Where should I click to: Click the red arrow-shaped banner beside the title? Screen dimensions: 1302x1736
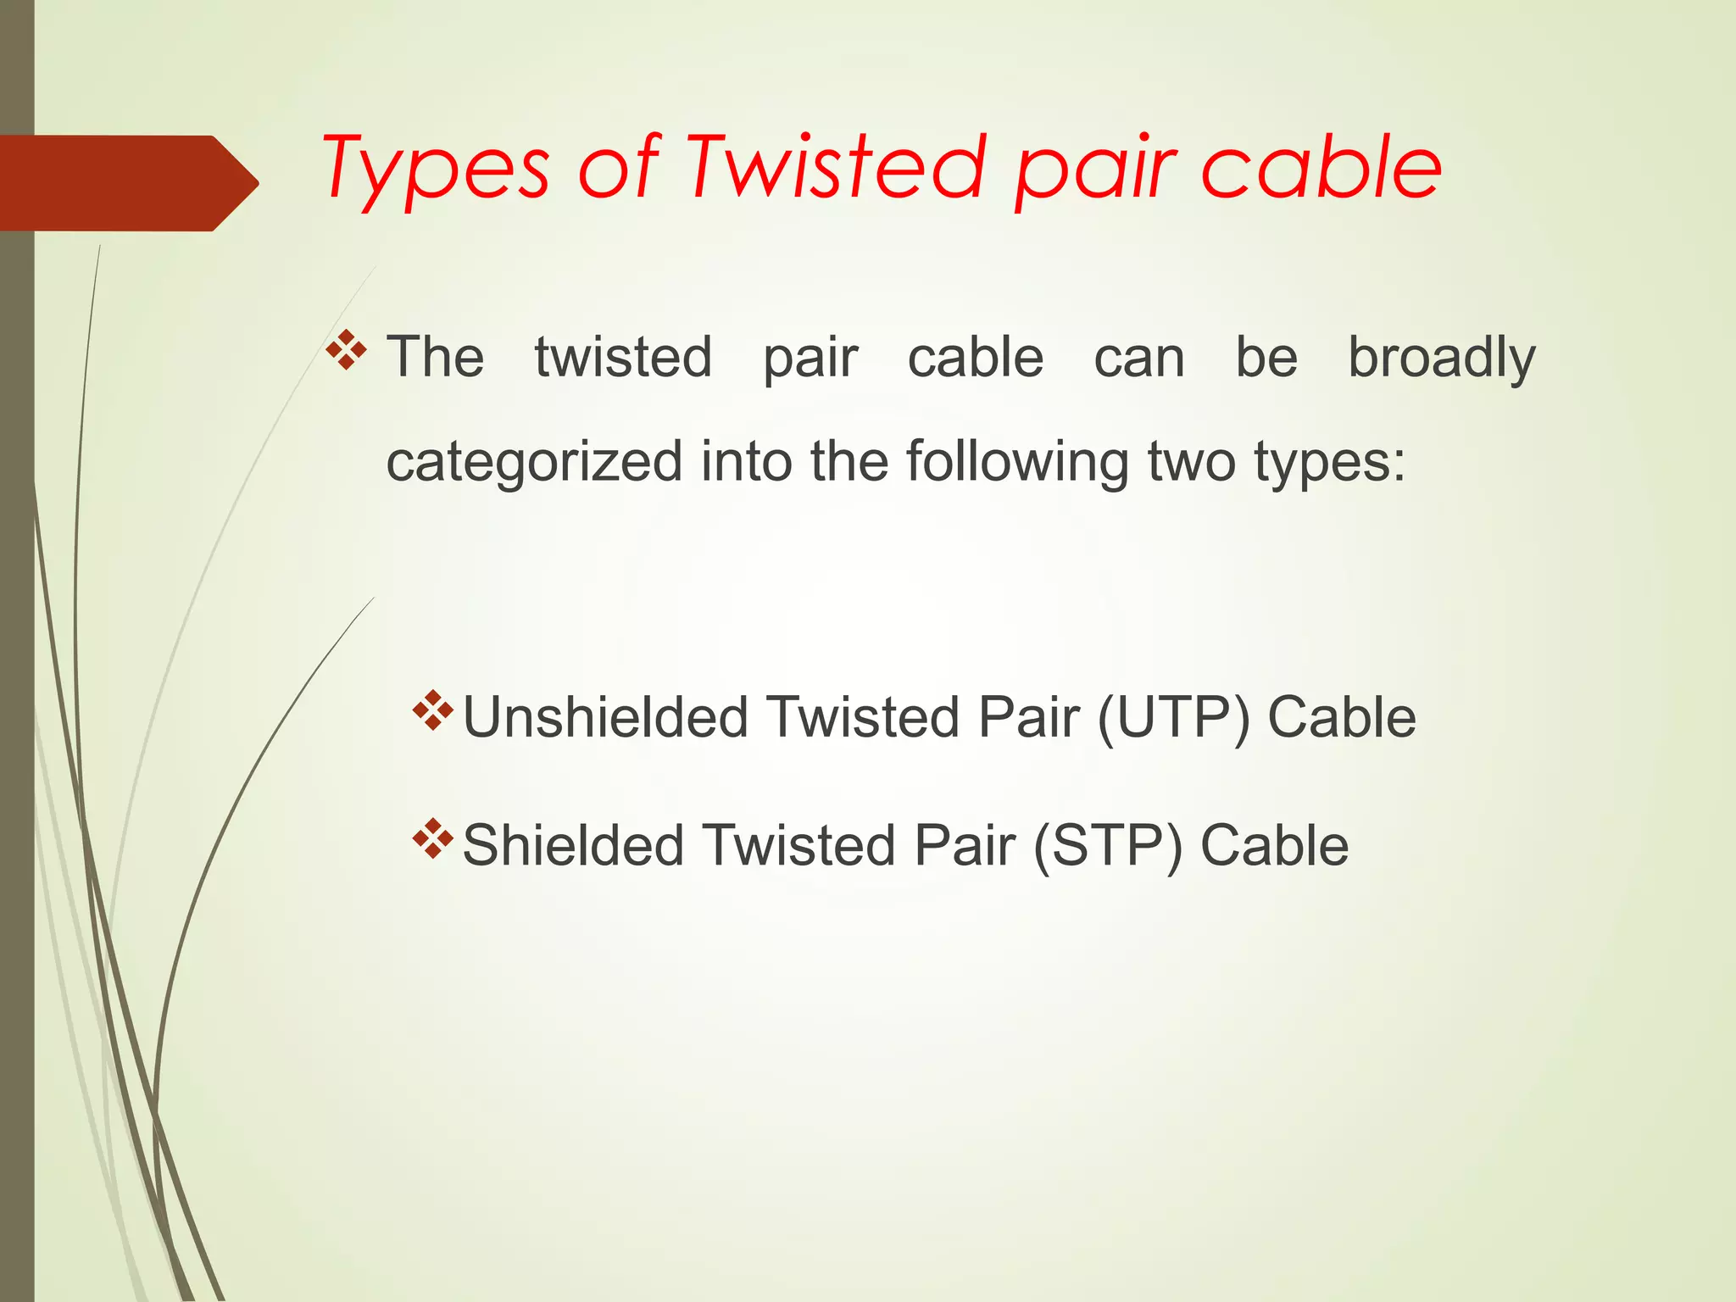(127, 183)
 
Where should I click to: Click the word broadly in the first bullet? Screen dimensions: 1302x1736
(1441, 358)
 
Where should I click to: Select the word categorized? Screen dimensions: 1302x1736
(534, 462)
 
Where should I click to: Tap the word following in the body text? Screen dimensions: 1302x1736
(1016, 462)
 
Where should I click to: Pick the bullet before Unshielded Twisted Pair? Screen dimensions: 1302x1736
(433, 711)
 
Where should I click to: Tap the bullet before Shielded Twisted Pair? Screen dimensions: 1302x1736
(433, 839)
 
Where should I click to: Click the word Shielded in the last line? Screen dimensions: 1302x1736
(573, 846)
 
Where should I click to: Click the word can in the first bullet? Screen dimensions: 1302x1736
(1138, 358)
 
